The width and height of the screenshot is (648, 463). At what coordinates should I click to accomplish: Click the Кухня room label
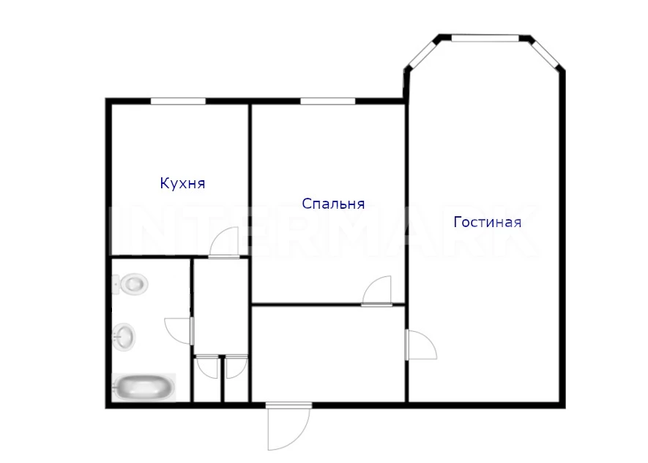pos(182,183)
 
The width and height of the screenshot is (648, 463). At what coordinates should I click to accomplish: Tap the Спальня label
pos(333,204)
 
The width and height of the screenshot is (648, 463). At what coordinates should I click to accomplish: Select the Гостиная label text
pos(487,222)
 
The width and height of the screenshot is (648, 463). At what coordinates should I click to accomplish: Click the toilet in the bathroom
pos(130,284)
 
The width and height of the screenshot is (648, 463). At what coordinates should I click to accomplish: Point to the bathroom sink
pos(124,337)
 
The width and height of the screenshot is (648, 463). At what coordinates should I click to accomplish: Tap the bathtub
pos(144,388)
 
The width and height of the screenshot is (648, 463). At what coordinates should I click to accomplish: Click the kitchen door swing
pos(224,243)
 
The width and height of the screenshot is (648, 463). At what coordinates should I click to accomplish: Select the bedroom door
pos(377,292)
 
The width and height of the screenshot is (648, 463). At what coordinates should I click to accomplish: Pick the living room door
pos(422,345)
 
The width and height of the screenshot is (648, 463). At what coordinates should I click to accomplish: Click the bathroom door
pos(179,331)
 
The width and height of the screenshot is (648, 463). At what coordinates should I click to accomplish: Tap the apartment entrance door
pos(288,426)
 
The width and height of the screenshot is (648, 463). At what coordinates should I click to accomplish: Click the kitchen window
pos(178,101)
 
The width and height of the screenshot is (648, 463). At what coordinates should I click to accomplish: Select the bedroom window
pos(328,101)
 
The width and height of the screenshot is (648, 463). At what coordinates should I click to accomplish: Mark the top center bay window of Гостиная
pos(485,38)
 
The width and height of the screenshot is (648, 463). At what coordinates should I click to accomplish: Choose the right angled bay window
pos(545,54)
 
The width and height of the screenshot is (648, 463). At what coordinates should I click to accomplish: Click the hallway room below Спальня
pos(328,354)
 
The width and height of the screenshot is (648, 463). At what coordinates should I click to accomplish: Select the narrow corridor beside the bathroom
pos(221,306)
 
